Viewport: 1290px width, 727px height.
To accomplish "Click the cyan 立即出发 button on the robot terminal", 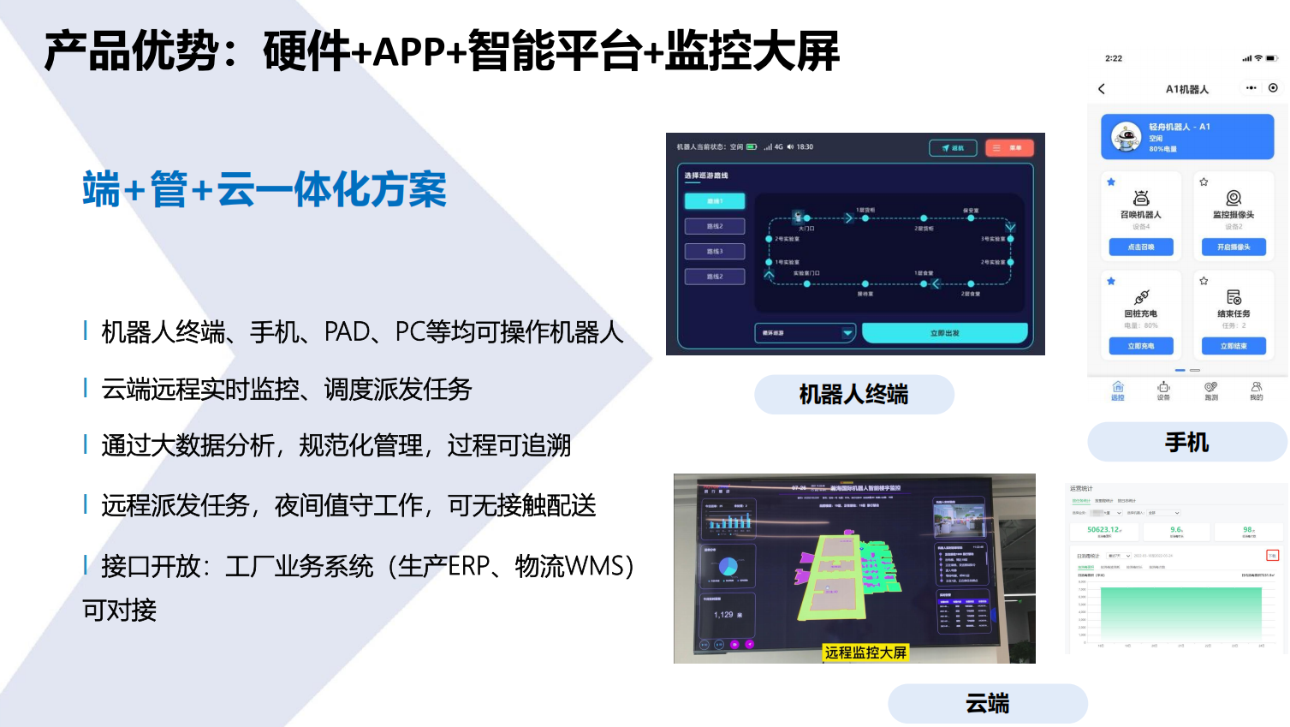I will pyautogui.click(x=944, y=333).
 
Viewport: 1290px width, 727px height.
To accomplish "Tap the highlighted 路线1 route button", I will pyautogui.click(x=715, y=201).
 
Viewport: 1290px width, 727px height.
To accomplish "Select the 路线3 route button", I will pyautogui.click(x=715, y=252).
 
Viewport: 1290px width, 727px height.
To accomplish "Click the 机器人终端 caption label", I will pyautogui.click(x=853, y=395).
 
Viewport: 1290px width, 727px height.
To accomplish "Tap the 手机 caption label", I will pyautogui.click(x=1186, y=443).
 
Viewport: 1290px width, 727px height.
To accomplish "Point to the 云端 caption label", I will pyautogui.click(x=987, y=704).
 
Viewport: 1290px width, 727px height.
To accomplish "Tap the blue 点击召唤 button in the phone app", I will pyautogui.click(x=1140, y=247).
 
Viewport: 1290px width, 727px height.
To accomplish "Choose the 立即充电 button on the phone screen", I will pyautogui.click(x=1140, y=346).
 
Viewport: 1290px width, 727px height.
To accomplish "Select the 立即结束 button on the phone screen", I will pyautogui.click(x=1234, y=346).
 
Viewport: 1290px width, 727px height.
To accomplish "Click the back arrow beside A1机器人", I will pyautogui.click(x=1102, y=89).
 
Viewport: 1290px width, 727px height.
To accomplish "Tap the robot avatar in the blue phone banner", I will pyautogui.click(x=1126, y=137).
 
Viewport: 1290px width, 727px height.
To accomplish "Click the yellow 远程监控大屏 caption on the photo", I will pyautogui.click(x=865, y=653).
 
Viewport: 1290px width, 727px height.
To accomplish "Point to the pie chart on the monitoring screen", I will pyautogui.click(x=728, y=566).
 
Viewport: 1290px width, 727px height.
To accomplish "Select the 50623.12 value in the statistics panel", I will pyautogui.click(x=1104, y=530).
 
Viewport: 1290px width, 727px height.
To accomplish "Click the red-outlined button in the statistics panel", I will pyautogui.click(x=1272, y=556).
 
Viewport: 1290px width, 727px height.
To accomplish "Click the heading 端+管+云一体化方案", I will pyautogui.click(x=265, y=190).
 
